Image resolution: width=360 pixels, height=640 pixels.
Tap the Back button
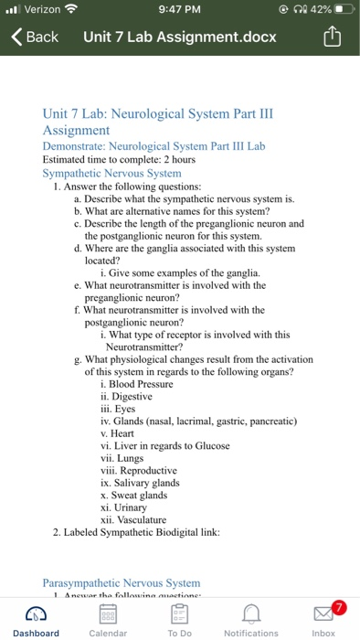35,37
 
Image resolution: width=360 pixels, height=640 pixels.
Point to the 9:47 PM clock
179,9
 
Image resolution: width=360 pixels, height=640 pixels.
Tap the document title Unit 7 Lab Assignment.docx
181,37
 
